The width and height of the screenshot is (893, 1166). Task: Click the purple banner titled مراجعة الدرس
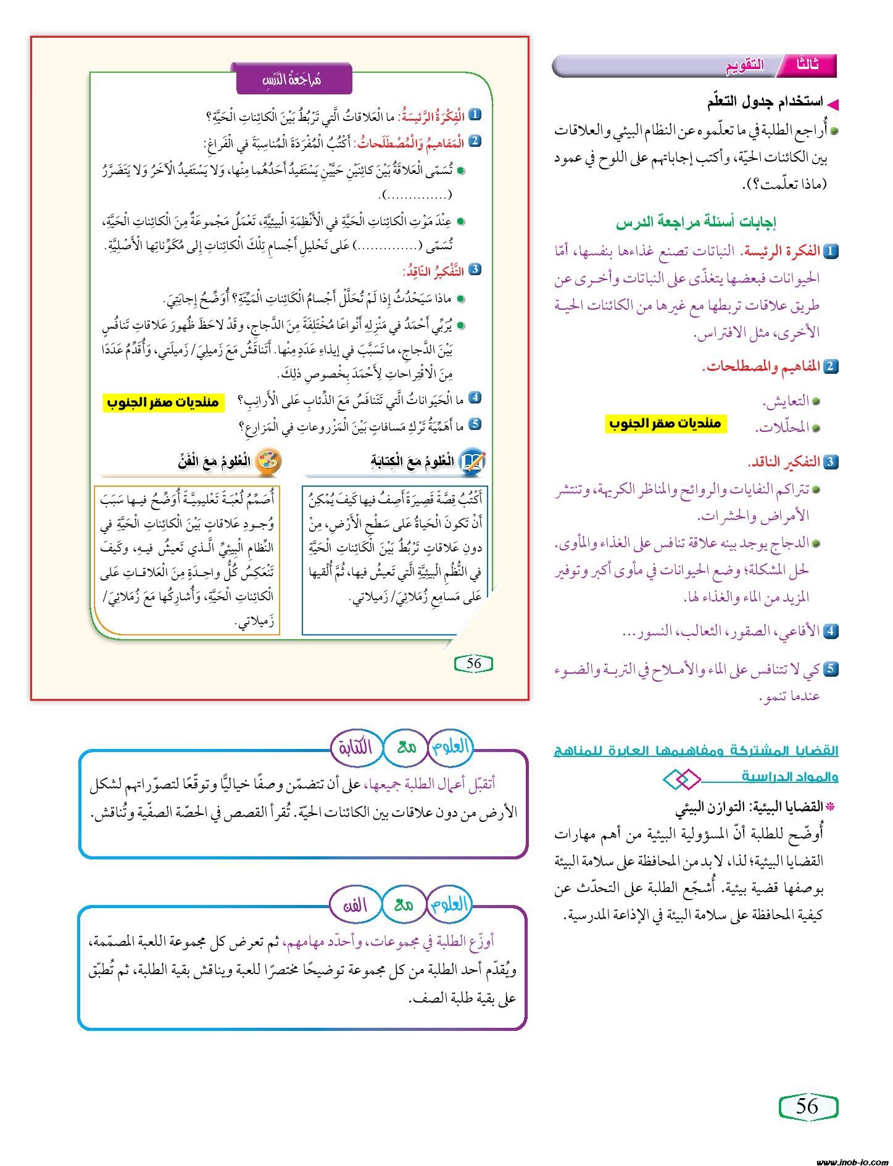tap(294, 79)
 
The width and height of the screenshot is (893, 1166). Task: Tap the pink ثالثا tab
tap(808, 65)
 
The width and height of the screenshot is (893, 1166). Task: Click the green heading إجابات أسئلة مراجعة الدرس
tap(696, 222)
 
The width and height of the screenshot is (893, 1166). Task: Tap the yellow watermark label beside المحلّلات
tap(665, 424)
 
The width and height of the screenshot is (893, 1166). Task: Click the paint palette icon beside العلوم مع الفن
tap(268, 460)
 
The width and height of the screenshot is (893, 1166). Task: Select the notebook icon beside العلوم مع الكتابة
tap(473, 461)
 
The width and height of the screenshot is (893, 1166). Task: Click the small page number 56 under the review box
tap(473, 663)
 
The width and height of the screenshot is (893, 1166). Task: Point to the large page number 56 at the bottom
tap(807, 1106)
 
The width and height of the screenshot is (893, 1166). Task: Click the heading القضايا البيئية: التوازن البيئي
tap(749, 807)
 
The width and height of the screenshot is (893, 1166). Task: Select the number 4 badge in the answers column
tap(831, 631)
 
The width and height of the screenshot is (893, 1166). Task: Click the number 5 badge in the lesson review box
tap(475, 424)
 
